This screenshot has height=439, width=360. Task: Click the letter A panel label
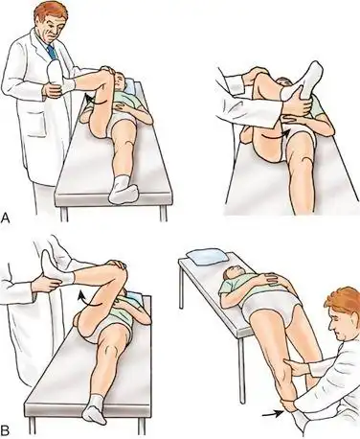(x=6, y=219)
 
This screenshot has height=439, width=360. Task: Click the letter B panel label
(x=5, y=431)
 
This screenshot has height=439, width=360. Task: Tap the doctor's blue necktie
(x=52, y=52)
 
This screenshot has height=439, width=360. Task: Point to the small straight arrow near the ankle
(x=272, y=414)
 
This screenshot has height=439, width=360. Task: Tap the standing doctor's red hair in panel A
(x=51, y=12)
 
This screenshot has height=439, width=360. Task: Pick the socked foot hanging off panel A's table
(x=123, y=191)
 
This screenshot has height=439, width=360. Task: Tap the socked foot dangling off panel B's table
(x=93, y=410)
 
